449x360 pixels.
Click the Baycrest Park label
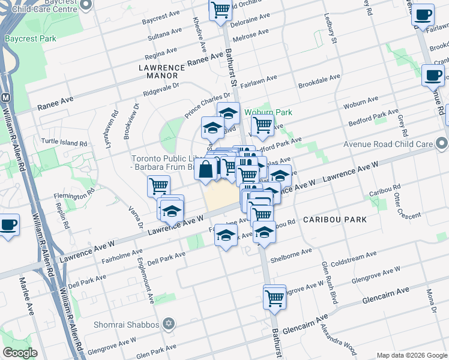tap(31, 38)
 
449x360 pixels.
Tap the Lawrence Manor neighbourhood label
tap(158, 72)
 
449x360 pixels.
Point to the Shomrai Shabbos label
tap(126, 325)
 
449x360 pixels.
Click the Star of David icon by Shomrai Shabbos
tap(169, 325)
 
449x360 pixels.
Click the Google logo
tap(20, 353)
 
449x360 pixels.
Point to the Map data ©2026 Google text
tap(411, 355)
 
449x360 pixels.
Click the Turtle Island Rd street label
tap(64, 143)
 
